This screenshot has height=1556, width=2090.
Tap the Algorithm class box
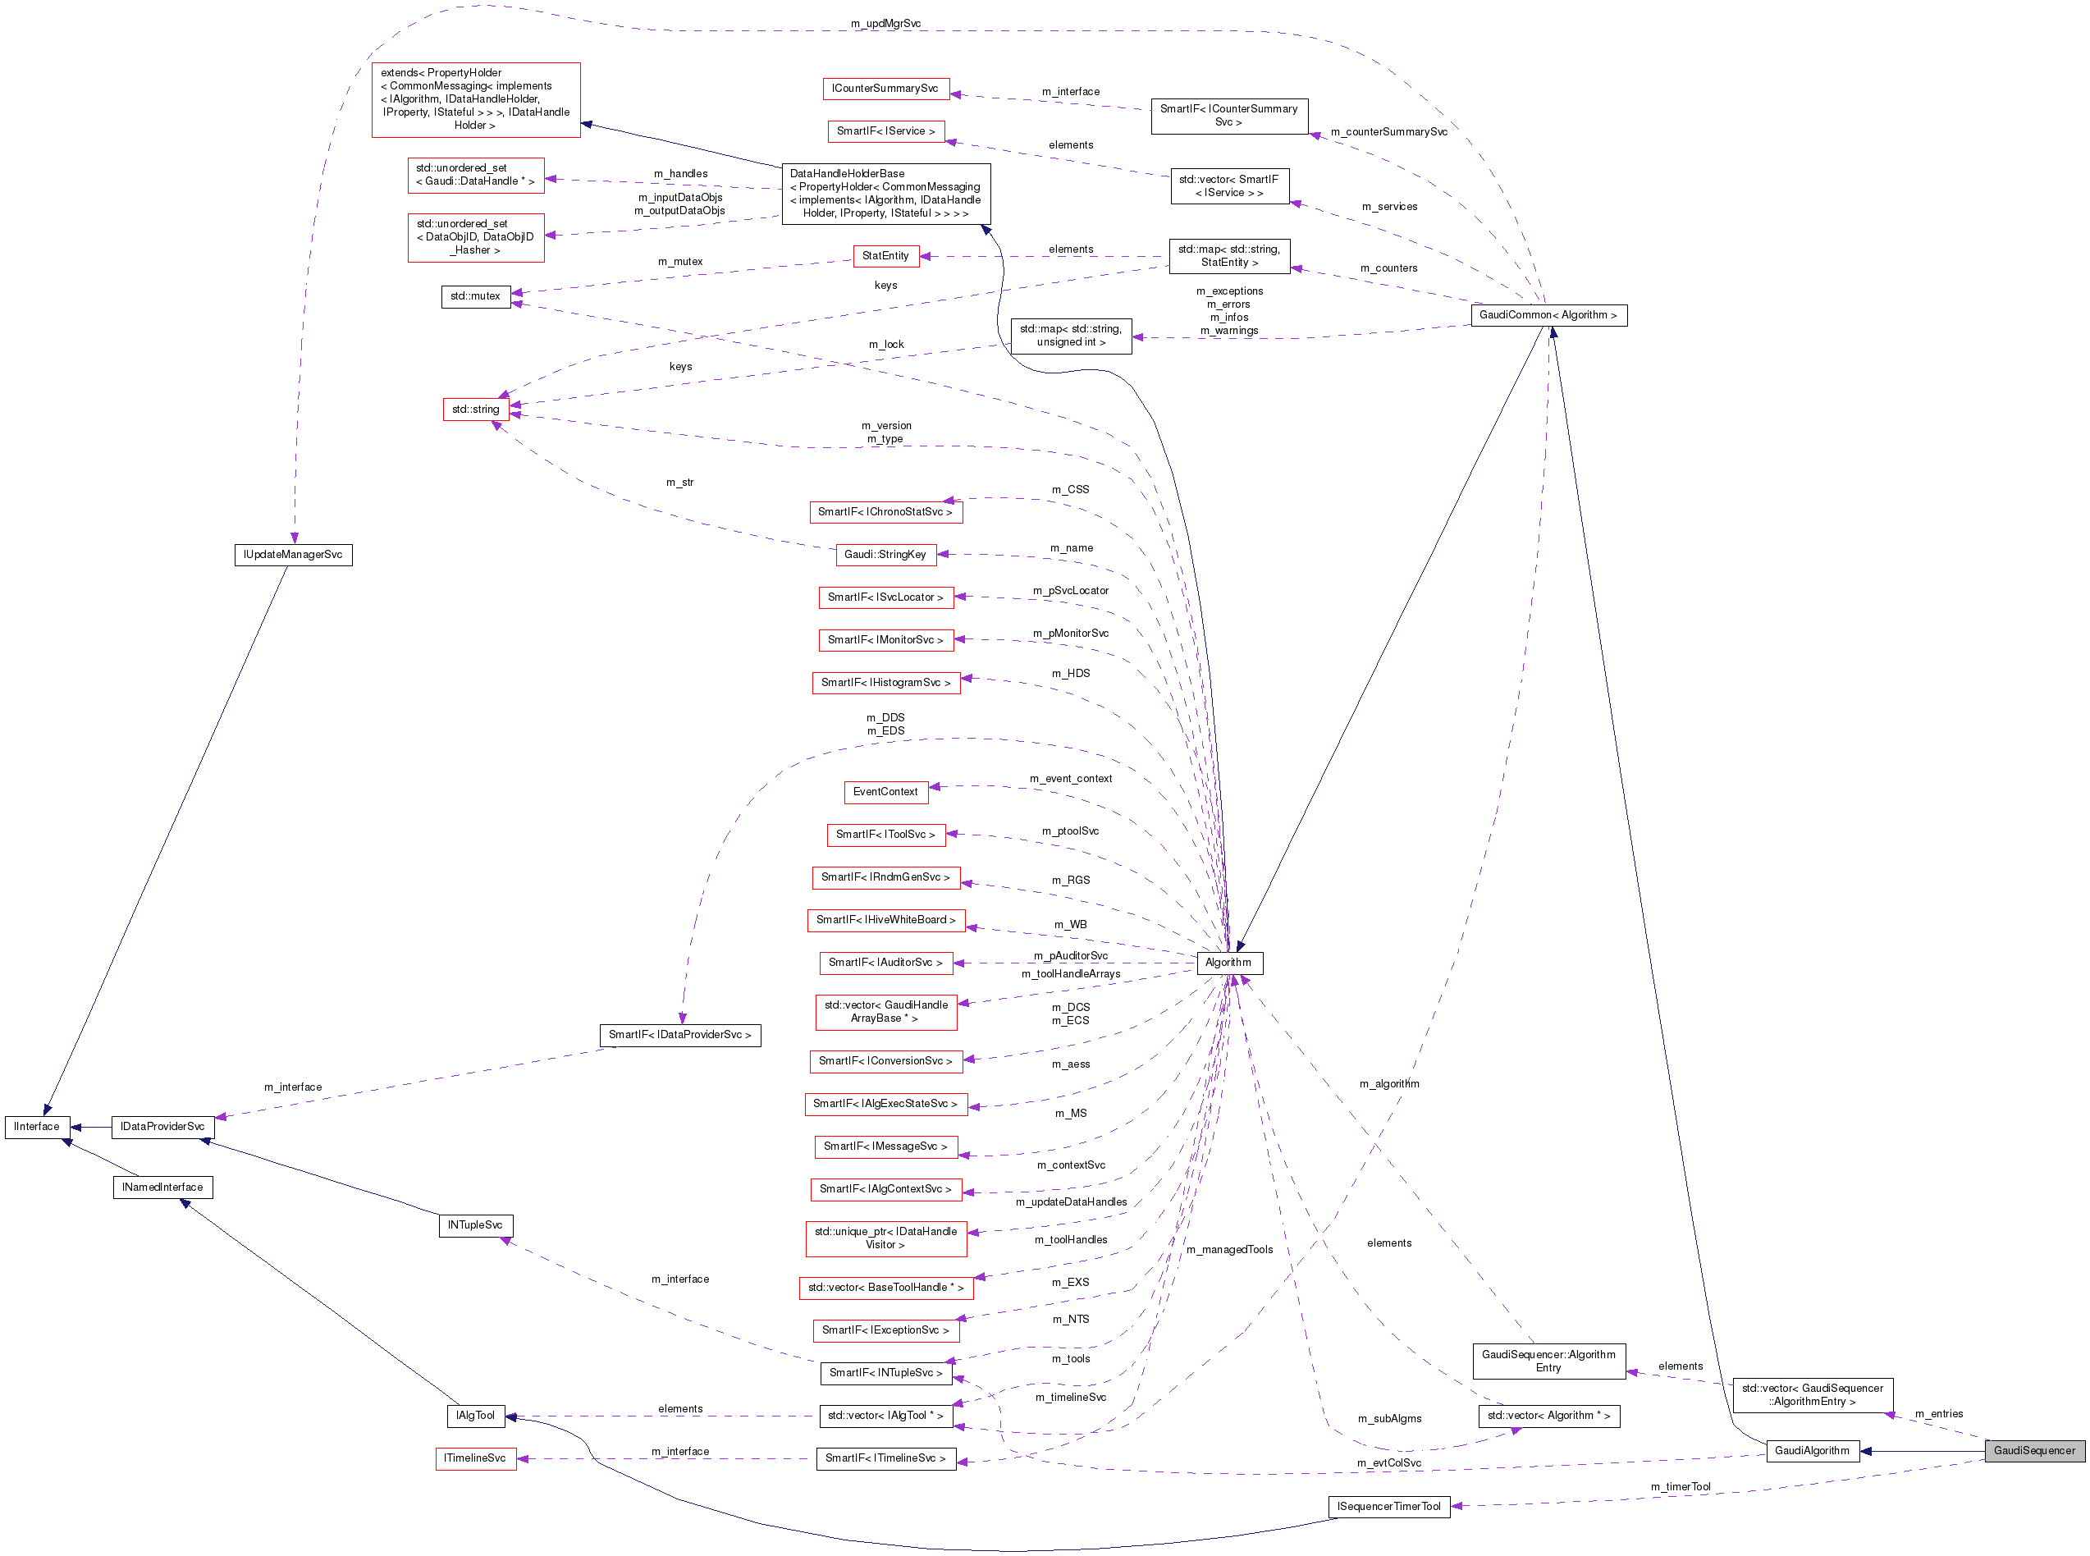[x=1228, y=963]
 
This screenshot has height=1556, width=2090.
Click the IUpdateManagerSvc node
[x=293, y=555]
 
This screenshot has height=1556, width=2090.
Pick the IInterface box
[x=37, y=1127]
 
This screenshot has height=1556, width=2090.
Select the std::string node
[x=476, y=410]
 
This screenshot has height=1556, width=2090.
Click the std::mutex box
[x=476, y=297]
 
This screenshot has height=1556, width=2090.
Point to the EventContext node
[x=885, y=792]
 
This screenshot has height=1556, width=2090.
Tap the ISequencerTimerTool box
[x=1388, y=1506]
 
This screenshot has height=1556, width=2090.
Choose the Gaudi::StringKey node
[x=885, y=555]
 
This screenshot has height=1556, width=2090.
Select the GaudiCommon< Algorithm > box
[x=1548, y=315]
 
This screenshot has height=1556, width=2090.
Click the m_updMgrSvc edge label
[x=885, y=24]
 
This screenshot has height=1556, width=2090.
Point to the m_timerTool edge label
[x=1680, y=1486]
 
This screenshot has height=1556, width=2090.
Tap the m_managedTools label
[x=1228, y=1250]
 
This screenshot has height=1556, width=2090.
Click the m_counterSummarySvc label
[x=1388, y=132]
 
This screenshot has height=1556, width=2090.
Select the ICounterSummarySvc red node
[x=885, y=89]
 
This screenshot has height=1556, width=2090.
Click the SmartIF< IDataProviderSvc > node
[x=679, y=1035]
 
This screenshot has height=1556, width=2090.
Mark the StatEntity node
[x=885, y=256]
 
